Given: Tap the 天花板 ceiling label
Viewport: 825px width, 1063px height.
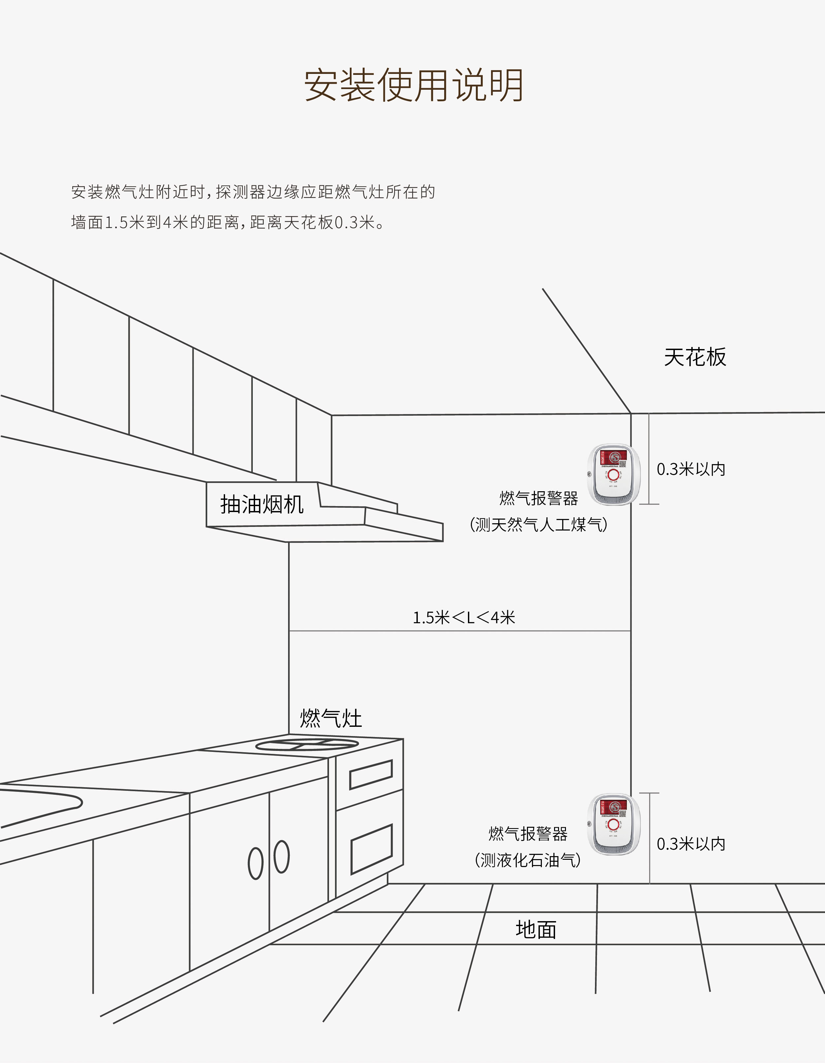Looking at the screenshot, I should click(x=695, y=357).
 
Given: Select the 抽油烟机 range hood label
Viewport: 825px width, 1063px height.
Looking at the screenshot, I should click(x=262, y=504).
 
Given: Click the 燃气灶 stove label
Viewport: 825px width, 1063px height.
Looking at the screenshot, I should click(x=331, y=719).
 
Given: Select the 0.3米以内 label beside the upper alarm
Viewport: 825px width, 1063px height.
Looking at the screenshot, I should click(x=691, y=469).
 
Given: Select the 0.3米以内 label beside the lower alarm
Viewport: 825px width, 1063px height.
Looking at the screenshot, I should click(x=691, y=844).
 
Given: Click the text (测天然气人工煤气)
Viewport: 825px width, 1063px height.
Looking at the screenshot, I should click(x=538, y=524).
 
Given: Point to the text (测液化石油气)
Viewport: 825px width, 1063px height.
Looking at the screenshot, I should click(x=528, y=860).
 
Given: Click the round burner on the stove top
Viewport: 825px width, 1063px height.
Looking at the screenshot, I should click(x=307, y=744).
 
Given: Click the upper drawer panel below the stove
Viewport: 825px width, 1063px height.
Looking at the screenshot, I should click(x=371, y=774).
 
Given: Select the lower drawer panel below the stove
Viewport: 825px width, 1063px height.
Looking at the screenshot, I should click(x=371, y=849).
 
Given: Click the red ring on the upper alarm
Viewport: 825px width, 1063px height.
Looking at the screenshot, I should click(x=613, y=474).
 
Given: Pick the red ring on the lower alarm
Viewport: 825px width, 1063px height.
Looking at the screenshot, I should click(x=613, y=824).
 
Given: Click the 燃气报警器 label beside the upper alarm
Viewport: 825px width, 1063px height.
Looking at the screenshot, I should click(x=538, y=498).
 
